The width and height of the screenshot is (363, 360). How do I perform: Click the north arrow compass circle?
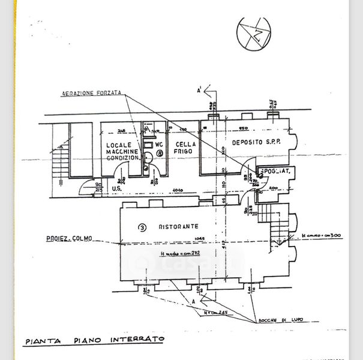pos(253,33)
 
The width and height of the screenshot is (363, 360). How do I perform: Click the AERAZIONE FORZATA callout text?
pos(92,94)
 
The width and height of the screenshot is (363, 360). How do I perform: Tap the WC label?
pos(159,145)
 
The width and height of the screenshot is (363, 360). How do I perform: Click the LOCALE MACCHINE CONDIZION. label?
pos(122,152)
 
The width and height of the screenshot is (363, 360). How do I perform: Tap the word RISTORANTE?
pos(178,227)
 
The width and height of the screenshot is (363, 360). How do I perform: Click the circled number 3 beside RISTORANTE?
pos(142,227)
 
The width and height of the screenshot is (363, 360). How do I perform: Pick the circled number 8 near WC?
pos(159,154)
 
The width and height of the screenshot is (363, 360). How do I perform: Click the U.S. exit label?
pos(118,190)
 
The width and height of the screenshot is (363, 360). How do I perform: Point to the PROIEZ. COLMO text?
pos(69,239)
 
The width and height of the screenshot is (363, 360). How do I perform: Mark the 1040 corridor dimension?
pos(176,190)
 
